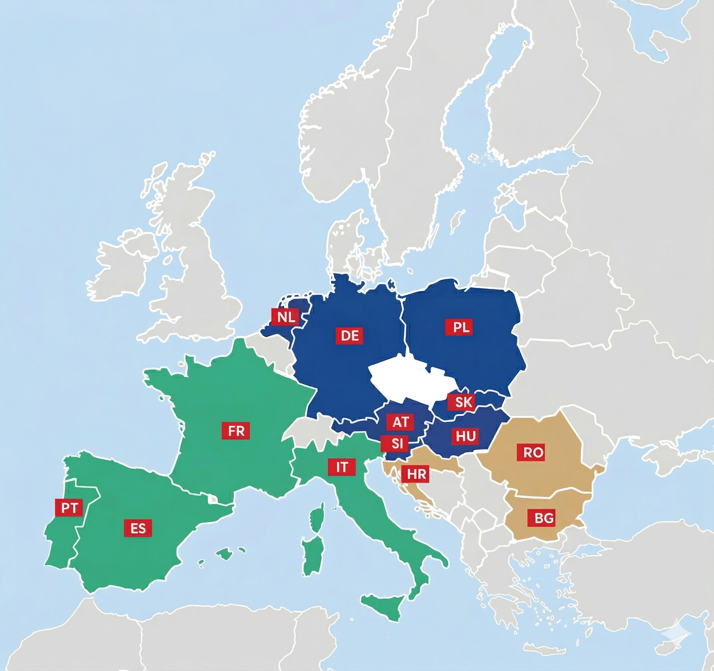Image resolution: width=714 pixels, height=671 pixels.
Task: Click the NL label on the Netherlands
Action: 286,317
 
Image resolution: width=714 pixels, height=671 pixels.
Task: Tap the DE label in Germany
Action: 349,336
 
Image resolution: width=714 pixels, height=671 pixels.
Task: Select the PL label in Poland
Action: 461,328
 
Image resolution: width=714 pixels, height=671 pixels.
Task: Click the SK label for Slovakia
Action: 463,402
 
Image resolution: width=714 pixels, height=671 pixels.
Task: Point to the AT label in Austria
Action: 400,422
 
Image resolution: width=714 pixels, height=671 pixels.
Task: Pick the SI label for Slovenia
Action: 397,444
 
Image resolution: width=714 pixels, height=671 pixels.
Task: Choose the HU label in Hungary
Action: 466,437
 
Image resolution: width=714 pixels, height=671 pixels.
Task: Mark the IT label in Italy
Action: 342,467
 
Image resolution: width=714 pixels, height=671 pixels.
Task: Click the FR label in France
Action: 236,431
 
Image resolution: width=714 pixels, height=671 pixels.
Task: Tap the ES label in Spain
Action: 138,529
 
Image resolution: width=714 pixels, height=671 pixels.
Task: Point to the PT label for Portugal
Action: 69,508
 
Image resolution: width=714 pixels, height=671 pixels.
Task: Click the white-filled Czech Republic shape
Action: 406,380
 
